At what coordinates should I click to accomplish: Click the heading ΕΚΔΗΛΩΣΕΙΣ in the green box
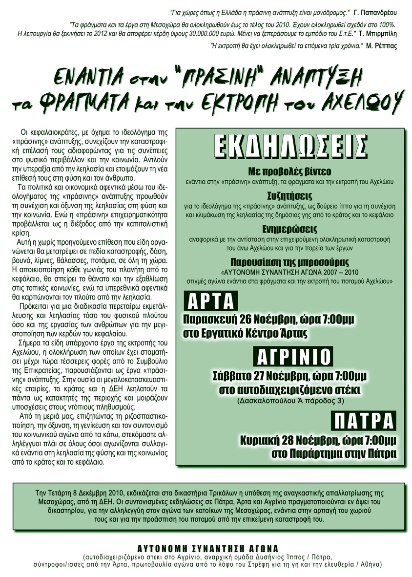click(x=290, y=145)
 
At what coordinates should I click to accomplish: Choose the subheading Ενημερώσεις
click(x=290, y=229)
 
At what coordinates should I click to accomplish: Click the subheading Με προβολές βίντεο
click(x=290, y=172)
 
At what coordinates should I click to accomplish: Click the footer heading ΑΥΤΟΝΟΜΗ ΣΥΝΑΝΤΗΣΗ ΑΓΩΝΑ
click(x=207, y=549)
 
